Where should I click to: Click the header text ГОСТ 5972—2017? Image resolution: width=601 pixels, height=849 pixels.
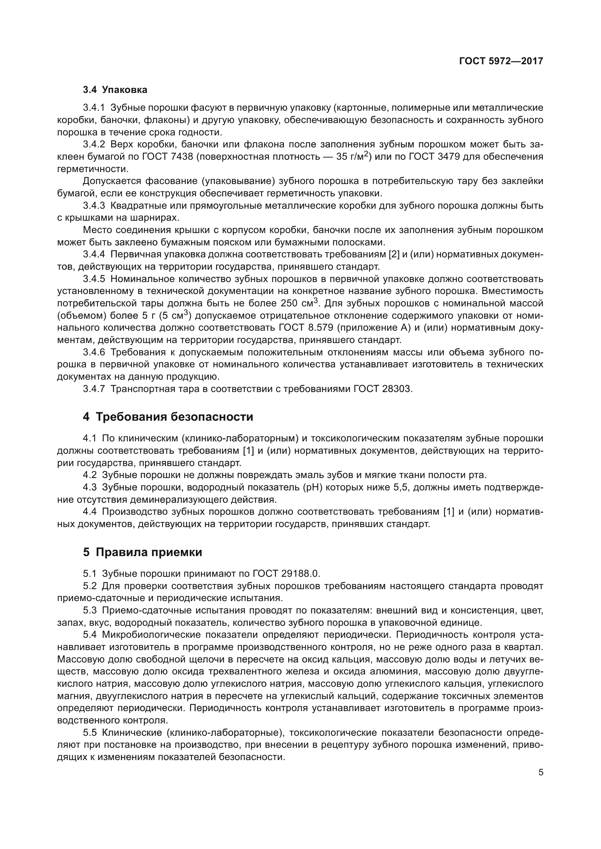tap(501, 61)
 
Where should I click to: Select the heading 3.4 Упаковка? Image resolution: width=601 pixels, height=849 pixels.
tap(115, 90)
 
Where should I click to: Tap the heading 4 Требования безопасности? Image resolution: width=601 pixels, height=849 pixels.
tap(168, 417)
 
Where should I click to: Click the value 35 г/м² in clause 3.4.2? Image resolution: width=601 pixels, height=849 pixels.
tap(352, 156)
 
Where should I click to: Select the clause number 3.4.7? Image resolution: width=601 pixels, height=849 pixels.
tap(94, 389)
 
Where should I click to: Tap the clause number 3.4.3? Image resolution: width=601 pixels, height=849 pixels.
tap(94, 205)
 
